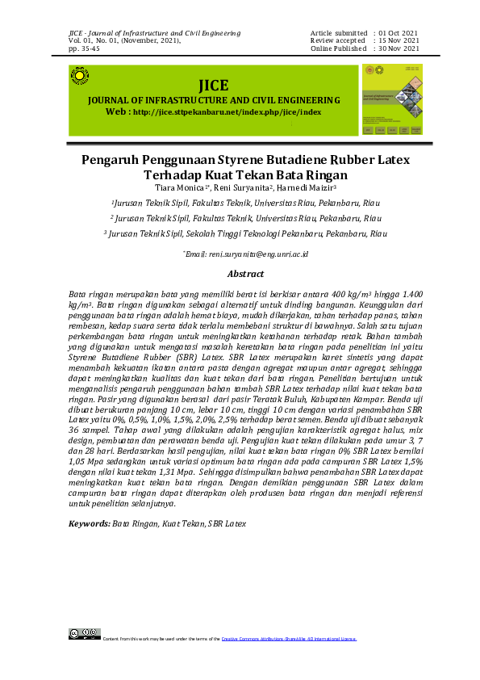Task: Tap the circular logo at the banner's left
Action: pyautogui.click(x=80, y=76)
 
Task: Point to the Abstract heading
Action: pyautogui.click(x=246, y=275)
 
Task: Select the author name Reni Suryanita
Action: pyautogui.click(x=244, y=187)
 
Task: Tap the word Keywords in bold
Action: pyautogui.click(x=89, y=524)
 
